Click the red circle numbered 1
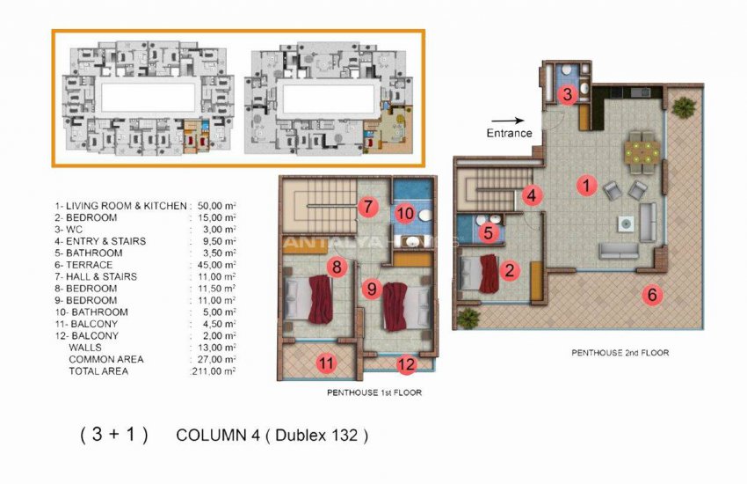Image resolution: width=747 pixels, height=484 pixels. [583, 186]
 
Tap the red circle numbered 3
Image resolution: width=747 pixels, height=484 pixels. [569, 94]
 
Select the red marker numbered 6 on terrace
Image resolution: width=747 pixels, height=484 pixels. [651, 295]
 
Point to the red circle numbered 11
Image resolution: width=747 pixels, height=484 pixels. [326, 362]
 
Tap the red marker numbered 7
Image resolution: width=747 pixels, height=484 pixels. [368, 209]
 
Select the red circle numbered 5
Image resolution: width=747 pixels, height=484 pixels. [490, 233]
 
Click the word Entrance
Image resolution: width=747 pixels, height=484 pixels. [510, 134]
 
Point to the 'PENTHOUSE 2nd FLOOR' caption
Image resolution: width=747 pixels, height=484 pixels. [620, 353]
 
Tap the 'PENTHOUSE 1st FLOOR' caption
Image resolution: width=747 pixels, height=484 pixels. [373, 392]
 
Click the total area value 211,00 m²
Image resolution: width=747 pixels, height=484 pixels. [214, 371]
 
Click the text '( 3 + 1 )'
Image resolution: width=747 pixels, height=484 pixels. [113, 435]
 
